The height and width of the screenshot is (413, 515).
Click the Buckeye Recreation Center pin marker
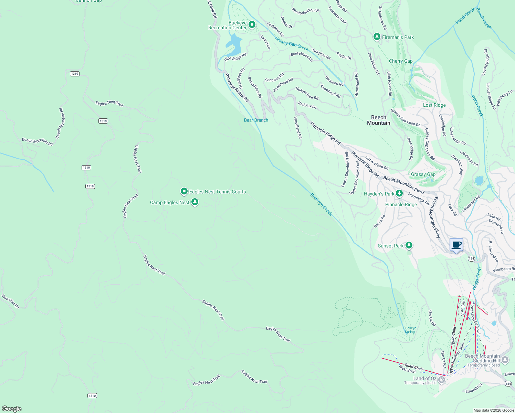click(x=252, y=25)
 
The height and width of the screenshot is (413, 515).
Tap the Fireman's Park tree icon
click(x=377, y=37)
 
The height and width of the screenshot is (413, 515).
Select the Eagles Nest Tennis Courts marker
click(x=184, y=191)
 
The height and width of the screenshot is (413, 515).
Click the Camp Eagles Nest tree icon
click(x=195, y=202)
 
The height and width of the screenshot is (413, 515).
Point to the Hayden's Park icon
click(x=399, y=193)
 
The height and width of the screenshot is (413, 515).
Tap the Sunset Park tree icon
click(x=409, y=245)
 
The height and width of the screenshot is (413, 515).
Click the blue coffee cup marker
click(x=456, y=245)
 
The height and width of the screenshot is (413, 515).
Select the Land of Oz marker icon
click(x=442, y=380)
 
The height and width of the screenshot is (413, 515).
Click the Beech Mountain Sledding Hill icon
click(x=505, y=360)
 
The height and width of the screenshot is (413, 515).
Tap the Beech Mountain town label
click(x=379, y=120)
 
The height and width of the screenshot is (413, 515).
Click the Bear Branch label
click(x=256, y=120)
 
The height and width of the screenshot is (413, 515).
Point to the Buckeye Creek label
click(x=322, y=204)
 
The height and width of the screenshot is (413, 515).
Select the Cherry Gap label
click(x=401, y=61)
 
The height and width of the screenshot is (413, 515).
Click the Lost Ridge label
click(x=434, y=105)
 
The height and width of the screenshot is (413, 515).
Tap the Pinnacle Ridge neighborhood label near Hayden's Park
click(x=401, y=204)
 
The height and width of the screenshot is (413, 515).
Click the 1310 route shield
click(x=92, y=396)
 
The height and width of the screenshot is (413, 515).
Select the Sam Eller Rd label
click(x=10, y=301)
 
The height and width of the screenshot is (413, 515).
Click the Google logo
click(x=12, y=409)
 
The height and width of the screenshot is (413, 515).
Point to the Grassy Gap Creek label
click(x=292, y=44)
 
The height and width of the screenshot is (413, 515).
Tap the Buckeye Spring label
click(x=410, y=330)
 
